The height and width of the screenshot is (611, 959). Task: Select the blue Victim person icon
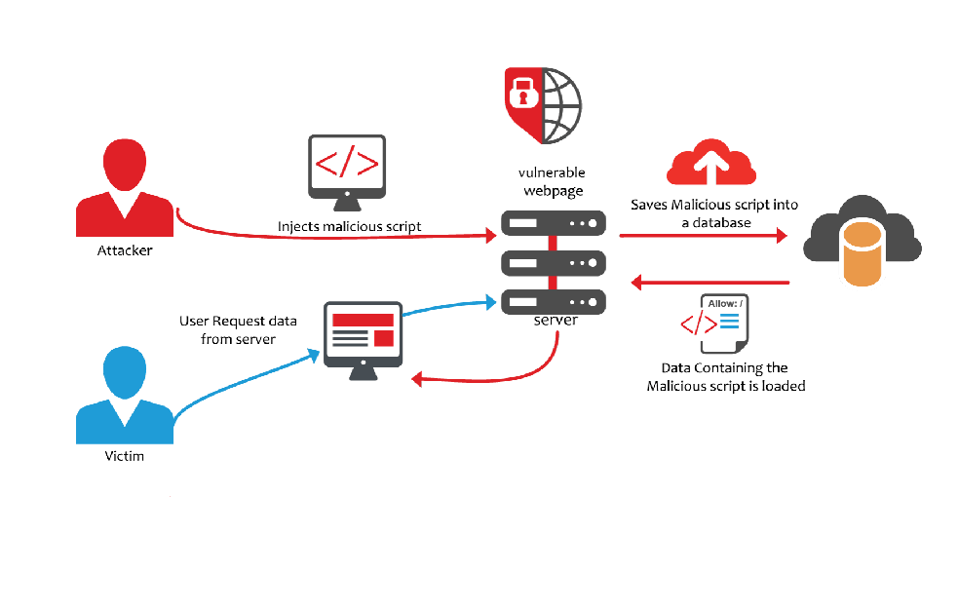pyautogui.click(x=124, y=394)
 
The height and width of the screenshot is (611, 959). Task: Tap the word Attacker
pyautogui.click(x=125, y=250)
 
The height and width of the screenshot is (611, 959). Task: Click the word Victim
pyautogui.click(x=125, y=455)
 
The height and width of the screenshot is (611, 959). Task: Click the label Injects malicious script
pyautogui.click(x=350, y=226)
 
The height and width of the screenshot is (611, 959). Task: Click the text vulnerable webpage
pyautogui.click(x=552, y=180)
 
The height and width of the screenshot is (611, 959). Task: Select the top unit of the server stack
pyautogui.click(x=554, y=223)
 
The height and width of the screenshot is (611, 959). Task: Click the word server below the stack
pyautogui.click(x=556, y=320)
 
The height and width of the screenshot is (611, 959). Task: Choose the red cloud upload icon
pyautogui.click(x=710, y=163)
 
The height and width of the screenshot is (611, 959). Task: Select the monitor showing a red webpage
pyautogui.click(x=362, y=337)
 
